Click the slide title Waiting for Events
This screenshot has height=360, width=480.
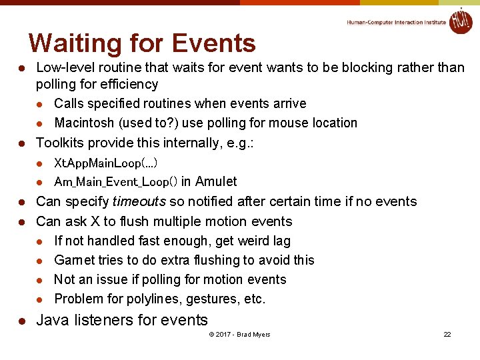click(142, 43)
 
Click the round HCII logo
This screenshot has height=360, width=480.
click(460, 21)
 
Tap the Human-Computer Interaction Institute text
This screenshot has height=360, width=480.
click(396, 22)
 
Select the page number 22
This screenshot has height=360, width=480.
click(447, 334)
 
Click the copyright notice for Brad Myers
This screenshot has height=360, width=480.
click(239, 334)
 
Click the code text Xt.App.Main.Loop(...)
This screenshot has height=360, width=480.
click(105, 163)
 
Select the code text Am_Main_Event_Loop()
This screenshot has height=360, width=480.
click(115, 182)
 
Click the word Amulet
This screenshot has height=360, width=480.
click(216, 181)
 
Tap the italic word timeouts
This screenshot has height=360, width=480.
click(139, 201)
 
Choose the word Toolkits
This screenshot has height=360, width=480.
click(60, 143)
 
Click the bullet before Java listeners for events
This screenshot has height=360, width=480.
click(21, 321)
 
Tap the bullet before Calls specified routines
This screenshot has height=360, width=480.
click(40, 104)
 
